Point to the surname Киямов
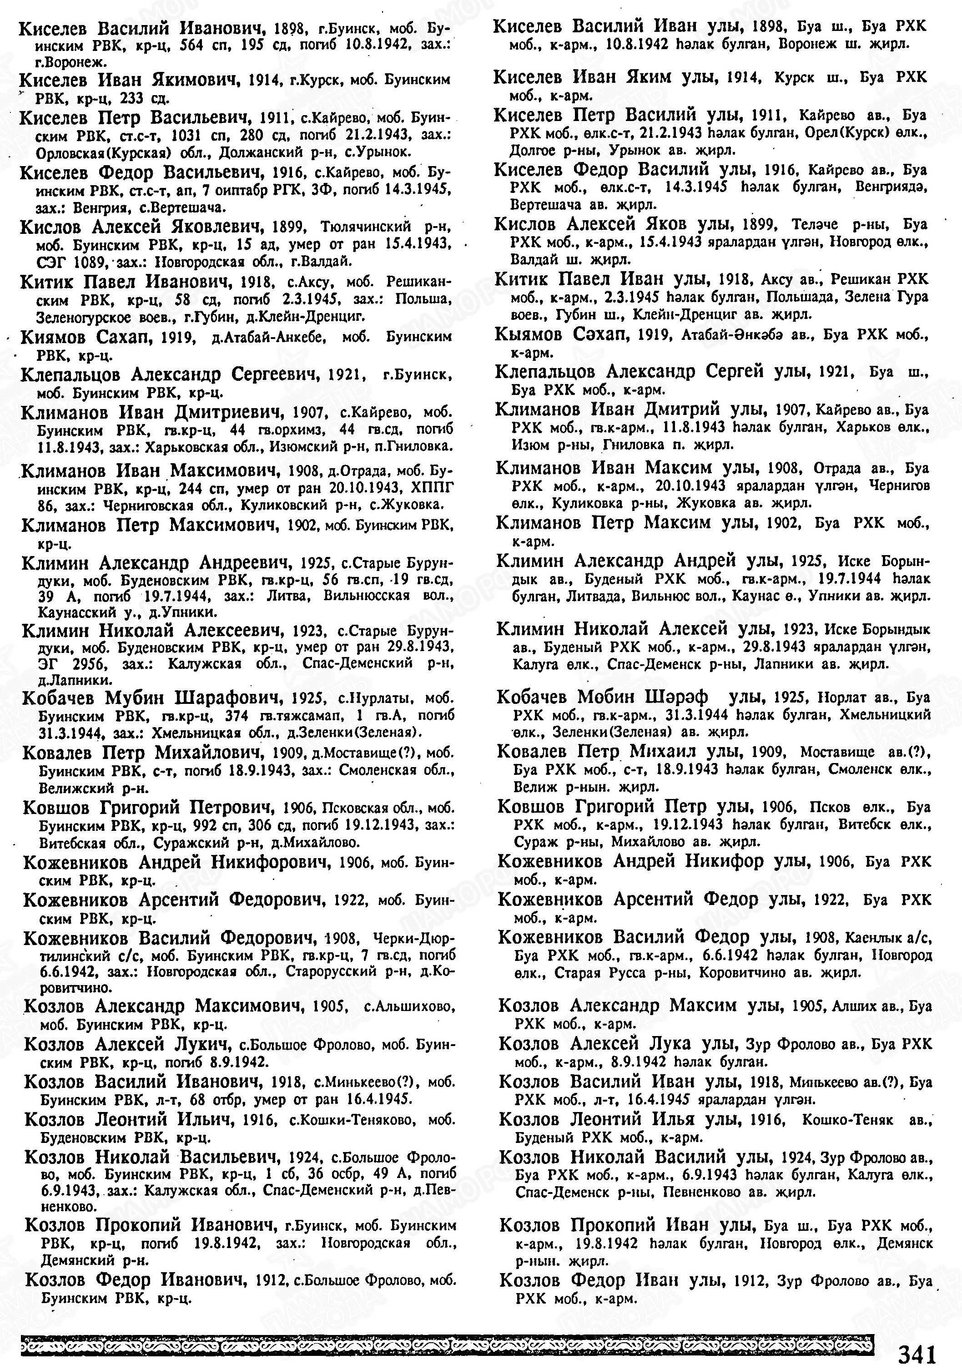click(x=54, y=337)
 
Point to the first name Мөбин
click(x=611, y=696)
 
